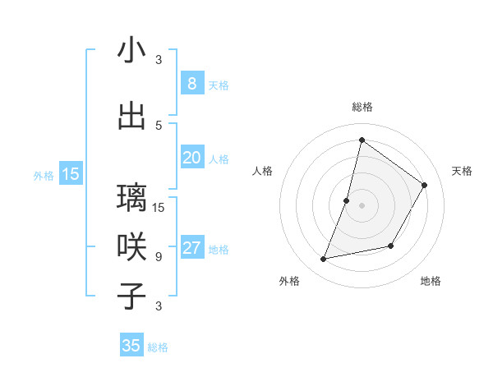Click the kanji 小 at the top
click(x=131, y=51)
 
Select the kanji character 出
click(x=131, y=116)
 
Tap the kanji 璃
click(x=131, y=197)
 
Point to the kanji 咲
click(x=131, y=246)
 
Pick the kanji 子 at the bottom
click(x=131, y=296)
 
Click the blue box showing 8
click(x=191, y=83)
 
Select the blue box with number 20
click(x=191, y=158)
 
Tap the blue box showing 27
click(x=191, y=248)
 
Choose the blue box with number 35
click(x=131, y=346)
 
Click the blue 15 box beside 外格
click(x=71, y=173)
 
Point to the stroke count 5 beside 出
click(x=159, y=125)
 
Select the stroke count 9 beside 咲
click(x=159, y=256)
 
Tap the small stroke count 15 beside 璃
click(x=159, y=207)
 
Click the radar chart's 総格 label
click(x=362, y=107)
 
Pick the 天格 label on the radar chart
click(x=462, y=171)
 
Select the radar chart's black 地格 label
click(x=431, y=281)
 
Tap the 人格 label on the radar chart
click(x=262, y=171)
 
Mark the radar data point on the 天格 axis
click(x=425, y=185)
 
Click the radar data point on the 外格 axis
click(x=324, y=260)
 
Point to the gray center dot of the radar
click(x=362, y=205)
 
